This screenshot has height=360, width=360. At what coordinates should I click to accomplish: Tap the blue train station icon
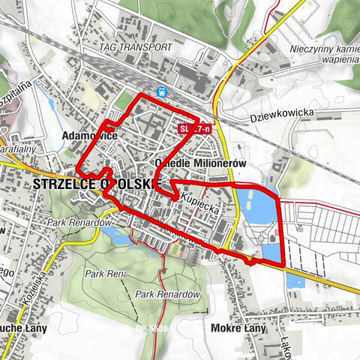[x=161, y=91]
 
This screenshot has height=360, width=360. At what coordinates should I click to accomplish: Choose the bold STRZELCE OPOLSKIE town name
[x=97, y=184]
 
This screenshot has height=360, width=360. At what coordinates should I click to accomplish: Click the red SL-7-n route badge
[x=193, y=130]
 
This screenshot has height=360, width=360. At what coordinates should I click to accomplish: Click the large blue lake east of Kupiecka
[x=259, y=206]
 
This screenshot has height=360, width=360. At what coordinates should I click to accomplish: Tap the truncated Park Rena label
[x=105, y=274]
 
